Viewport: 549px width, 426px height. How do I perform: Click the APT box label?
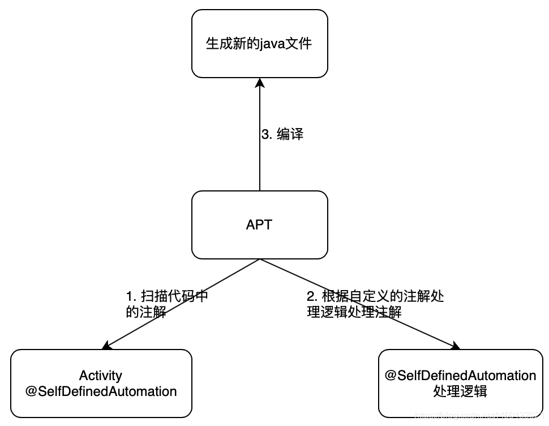click(259, 224)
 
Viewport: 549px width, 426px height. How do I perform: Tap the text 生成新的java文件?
click(259, 44)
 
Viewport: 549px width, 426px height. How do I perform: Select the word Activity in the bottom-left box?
click(101, 376)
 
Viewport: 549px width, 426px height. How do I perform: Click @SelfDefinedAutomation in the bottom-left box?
click(101, 391)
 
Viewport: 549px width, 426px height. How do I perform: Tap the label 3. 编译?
click(282, 134)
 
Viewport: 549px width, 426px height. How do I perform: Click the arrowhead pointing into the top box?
click(259, 83)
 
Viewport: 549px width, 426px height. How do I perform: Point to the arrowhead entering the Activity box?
click(106, 346)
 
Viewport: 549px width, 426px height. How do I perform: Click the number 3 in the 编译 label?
click(265, 134)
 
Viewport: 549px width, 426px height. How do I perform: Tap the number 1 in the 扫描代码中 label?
click(129, 296)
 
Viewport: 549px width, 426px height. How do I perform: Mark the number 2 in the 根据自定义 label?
click(310, 296)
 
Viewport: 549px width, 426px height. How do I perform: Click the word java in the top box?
click(272, 44)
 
